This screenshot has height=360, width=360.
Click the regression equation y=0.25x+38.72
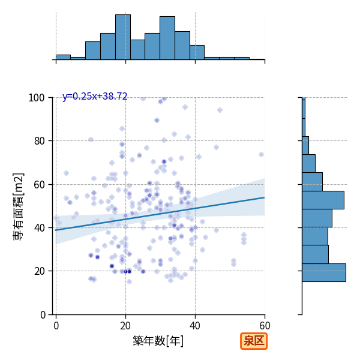click(x=95, y=96)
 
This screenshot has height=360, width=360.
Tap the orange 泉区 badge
click(x=254, y=341)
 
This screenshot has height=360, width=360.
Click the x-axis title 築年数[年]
click(x=158, y=341)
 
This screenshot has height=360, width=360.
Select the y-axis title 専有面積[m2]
click(x=19, y=206)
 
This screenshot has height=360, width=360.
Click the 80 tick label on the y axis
click(x=39, y=141)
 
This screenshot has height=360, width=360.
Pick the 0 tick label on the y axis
click(x=43, y=315)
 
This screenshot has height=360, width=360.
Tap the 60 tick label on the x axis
click(x=265, y=326)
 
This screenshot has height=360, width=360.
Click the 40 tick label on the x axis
click(x=195, y=326)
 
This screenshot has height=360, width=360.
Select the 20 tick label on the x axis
click(x=125, y=326)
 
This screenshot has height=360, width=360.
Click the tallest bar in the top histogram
click(x=123, y=37)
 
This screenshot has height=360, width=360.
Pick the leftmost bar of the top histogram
click(x=63, y=58)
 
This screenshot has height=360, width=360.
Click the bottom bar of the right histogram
click(x=324, y=273)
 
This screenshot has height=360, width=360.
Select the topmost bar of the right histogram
click(x=304, y=108)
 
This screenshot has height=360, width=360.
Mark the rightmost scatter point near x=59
click(x=261, y=155)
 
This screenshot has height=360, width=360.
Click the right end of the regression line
click(x=265, y=197)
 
